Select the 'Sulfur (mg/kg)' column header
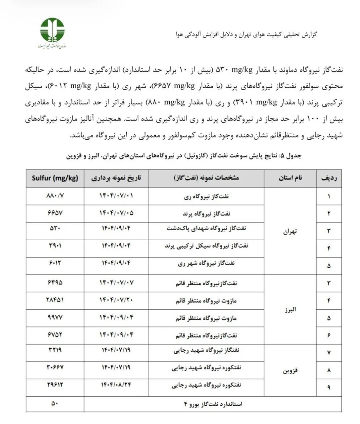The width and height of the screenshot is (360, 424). pos(55,178)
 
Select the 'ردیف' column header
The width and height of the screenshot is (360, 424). pos(329,178)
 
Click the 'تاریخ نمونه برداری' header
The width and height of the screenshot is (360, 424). pos(117,178)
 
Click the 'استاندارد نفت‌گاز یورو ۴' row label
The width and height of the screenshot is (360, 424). pos(212,404)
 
